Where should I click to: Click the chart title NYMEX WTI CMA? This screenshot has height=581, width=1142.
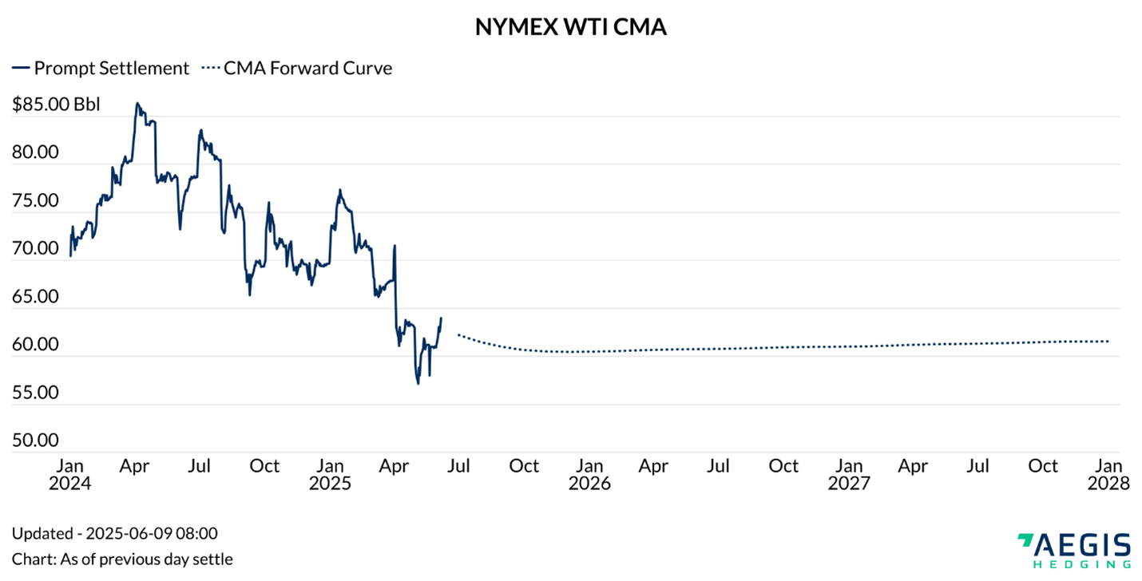click(x=570, y=27)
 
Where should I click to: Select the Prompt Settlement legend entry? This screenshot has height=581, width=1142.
click(x=101, y=68)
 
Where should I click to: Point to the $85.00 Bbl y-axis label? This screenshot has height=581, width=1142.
click(x=56, y=105)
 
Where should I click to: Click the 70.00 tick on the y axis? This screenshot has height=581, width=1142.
click(x=35, y=249)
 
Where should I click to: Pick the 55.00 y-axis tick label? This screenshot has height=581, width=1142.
click(x=35, y=393)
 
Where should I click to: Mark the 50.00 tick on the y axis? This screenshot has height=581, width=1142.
click(x=35, y=441)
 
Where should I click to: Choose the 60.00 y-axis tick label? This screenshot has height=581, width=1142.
click(x=35, y=346)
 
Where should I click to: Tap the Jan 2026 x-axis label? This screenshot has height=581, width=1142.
click(x=589, y=474)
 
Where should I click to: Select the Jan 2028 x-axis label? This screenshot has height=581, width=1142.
click(x=1108, y=474)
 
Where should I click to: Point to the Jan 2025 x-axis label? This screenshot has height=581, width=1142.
click(x=330, y=474)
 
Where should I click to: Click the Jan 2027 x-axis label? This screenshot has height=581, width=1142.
click(x=849, y=474)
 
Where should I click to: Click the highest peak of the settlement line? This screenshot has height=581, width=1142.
click(x=137, y=103)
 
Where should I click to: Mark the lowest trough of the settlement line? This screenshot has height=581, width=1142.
click(x=418, y=384)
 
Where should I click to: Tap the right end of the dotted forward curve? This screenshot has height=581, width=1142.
click(x=1108, y=342)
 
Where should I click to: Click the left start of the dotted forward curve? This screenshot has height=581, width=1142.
click(x=458, y=334)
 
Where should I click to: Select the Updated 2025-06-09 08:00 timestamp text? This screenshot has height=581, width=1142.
click(x=114, y=533)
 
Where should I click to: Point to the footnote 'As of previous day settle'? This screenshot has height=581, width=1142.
click(x=122, y=559)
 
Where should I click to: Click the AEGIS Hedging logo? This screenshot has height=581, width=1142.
click(x=1074, y=551)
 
